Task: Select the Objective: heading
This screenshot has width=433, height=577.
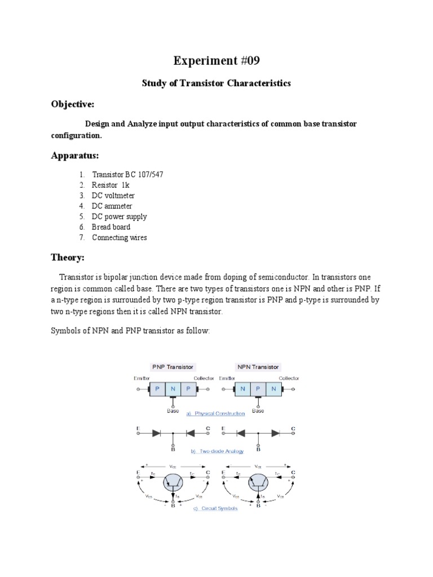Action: [73, 104]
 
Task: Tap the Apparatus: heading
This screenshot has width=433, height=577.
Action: [75, 155]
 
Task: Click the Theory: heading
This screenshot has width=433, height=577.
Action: [68, 258]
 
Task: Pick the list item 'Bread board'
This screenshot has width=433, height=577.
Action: [111, 227]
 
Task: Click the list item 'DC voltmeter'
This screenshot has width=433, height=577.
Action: [113, 196]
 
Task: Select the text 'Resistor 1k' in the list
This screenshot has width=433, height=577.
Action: [113, 185]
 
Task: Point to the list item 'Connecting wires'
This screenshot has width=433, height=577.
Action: [120, 238]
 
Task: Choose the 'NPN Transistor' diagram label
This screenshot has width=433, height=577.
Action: [258, 367]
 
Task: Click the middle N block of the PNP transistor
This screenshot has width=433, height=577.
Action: [173, 389]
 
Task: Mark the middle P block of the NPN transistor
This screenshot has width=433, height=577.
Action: [258, 389]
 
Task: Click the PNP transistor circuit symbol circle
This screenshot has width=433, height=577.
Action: [174, 482]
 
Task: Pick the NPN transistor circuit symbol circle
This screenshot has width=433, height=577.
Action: [259, 482]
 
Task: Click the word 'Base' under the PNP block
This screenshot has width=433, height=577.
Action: [173, 411]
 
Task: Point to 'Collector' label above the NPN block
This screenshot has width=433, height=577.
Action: [289, 378]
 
